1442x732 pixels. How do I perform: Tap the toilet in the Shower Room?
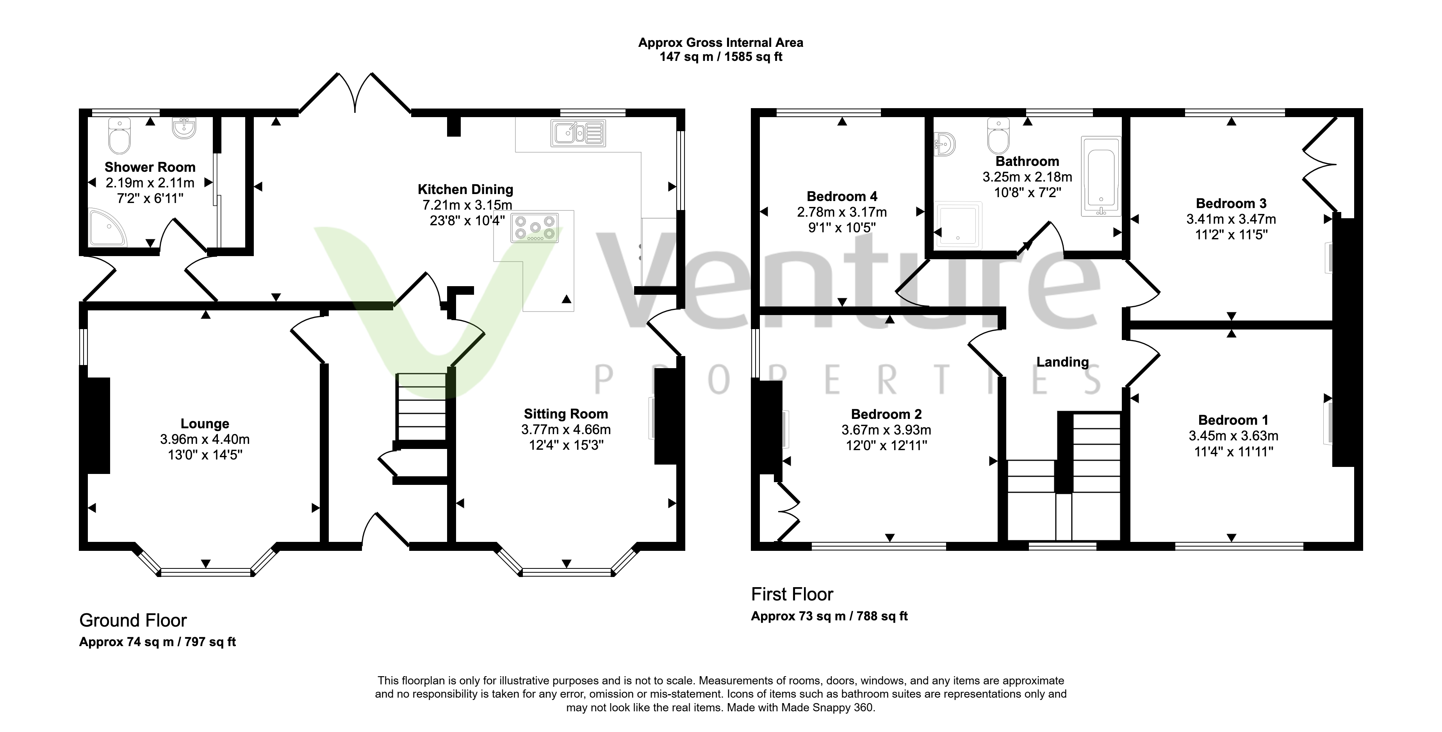click(x=119, y=135)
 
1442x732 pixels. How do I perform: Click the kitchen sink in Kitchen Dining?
click(x=578, y=133)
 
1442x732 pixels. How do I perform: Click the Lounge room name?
click(x=205, y=424)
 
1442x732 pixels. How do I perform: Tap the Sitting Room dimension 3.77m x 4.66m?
click(x=566, y=430)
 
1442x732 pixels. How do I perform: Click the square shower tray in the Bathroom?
click(x=959, y=225)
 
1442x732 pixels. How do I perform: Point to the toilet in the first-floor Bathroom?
click(x=999, y=135)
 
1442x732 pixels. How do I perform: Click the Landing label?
click(x=1062, y=362)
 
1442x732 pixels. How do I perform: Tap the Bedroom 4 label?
click(x=842, y=196)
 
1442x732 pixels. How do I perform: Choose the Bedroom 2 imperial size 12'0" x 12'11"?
click(x=887, y=445)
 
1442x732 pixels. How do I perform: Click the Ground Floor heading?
click(x=133, y=621)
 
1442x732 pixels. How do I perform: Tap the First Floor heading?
click(x=792, y=594)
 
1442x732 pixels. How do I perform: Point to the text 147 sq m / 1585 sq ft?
click(x=721, y=57)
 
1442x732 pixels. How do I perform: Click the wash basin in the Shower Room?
click(x=184, y=128)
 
